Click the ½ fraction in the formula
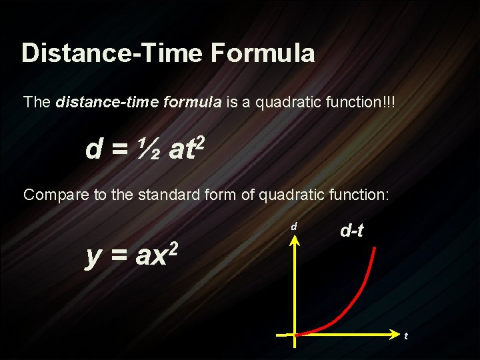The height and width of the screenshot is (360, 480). (x=149, y=149)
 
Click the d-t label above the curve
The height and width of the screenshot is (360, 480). (x=351, y=231)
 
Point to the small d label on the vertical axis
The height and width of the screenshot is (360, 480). (x=293, y=227)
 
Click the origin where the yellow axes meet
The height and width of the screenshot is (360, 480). (x=294, y=333)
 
